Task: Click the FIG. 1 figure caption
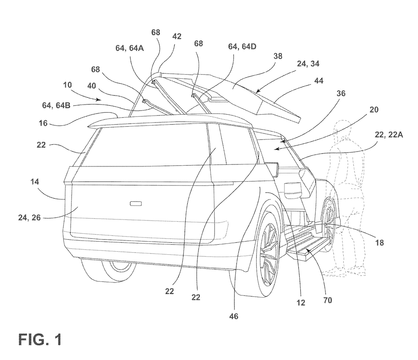point(40,339)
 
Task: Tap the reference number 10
point(67,85)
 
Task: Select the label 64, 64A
point(130,48)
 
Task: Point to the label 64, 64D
point(242,46)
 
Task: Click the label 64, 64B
point(56,105)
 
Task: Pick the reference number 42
point(177,36)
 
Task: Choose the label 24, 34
point(308,63)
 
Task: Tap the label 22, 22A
point(389,135)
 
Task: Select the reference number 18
point(379,242)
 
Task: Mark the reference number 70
point(328,300)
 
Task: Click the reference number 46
point(233,316)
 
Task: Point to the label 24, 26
point(29,218)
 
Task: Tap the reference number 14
point(35,182)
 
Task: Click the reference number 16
point(43,123)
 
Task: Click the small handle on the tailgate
point(136,204)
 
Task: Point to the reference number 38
point(278,56)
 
